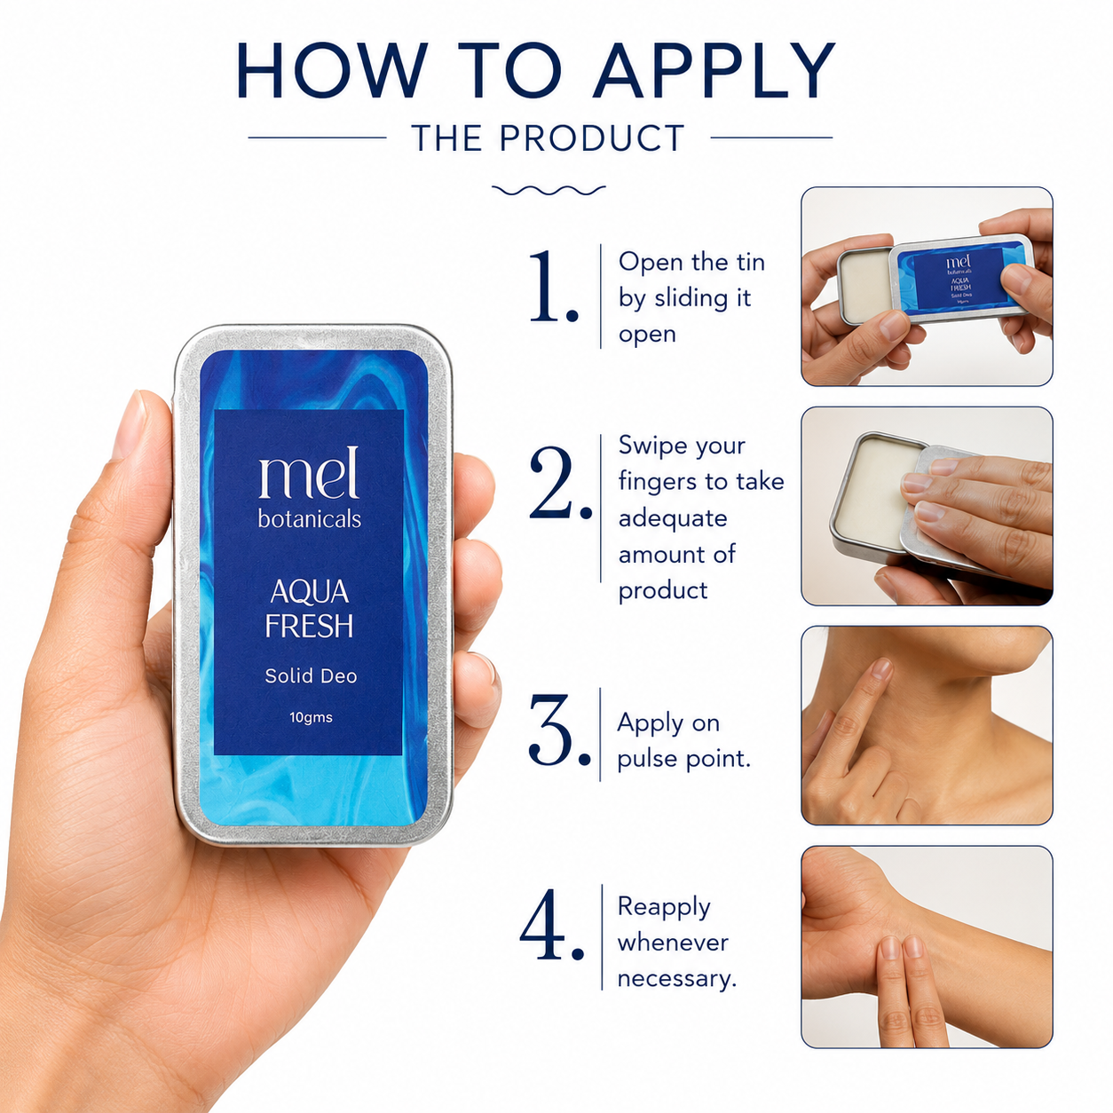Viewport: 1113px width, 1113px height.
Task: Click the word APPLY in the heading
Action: (x=714, y=70)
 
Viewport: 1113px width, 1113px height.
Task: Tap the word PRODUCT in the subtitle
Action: (x=592, y=138)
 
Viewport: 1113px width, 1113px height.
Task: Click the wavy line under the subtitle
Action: (x=549, y=190)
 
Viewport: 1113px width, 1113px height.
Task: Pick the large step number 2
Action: (x=559, y=482)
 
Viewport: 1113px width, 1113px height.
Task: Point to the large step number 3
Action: (x=559, y=730)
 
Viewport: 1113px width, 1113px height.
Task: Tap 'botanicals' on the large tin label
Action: (x=310, y=518)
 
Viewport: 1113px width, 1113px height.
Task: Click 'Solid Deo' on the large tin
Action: (x=311, y=675)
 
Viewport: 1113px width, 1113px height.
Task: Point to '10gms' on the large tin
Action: (x=311, y=717)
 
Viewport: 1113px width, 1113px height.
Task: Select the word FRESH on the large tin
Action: (x=309, y=625)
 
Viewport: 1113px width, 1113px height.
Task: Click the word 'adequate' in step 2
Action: (x=673, y=518)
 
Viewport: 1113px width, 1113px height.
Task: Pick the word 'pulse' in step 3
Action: (x=646, y=758)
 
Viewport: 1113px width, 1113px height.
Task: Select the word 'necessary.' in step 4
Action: (x=677, y=979)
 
